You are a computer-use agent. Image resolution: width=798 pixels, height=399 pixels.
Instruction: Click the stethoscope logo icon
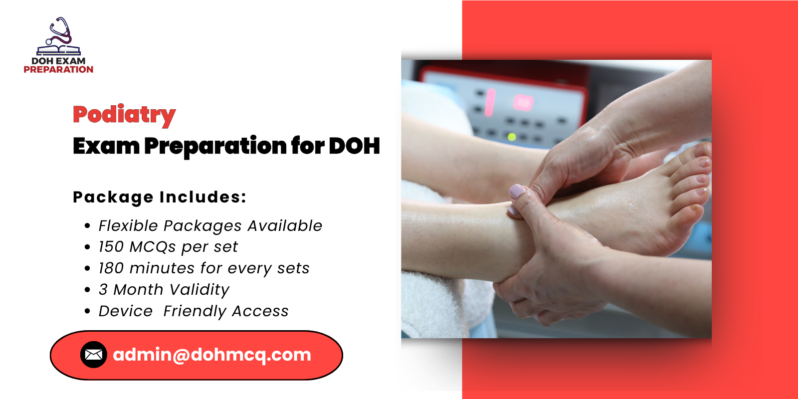(58, 36)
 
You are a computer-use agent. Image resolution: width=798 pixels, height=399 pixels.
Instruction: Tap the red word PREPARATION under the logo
(58, 70)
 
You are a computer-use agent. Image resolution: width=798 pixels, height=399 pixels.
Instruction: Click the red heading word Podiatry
(124, 115)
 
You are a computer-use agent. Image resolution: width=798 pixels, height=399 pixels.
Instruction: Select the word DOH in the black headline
(354, 146)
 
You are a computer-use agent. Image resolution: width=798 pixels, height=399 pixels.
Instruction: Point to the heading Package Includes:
(160, 197)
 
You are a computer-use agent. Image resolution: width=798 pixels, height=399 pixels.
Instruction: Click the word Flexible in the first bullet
(128, 226)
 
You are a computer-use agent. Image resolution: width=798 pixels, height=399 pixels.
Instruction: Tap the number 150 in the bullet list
(111, 247)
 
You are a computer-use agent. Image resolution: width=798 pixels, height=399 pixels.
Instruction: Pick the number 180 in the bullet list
(111, 268)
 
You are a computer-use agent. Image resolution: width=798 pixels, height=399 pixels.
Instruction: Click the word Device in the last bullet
(126, 311)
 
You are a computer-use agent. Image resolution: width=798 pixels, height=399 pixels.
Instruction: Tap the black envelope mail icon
(94, 355)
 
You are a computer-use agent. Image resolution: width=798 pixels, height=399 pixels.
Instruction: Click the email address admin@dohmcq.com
(212, 355)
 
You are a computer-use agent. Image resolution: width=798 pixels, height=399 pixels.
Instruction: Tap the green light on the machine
(511, 136)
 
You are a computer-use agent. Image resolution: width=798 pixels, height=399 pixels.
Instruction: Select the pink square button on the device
(523, 103)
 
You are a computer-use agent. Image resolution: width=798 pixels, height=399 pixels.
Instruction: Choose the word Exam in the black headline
(106, 146)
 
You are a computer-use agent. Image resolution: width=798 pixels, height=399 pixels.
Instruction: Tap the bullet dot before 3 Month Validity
(88, 290)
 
